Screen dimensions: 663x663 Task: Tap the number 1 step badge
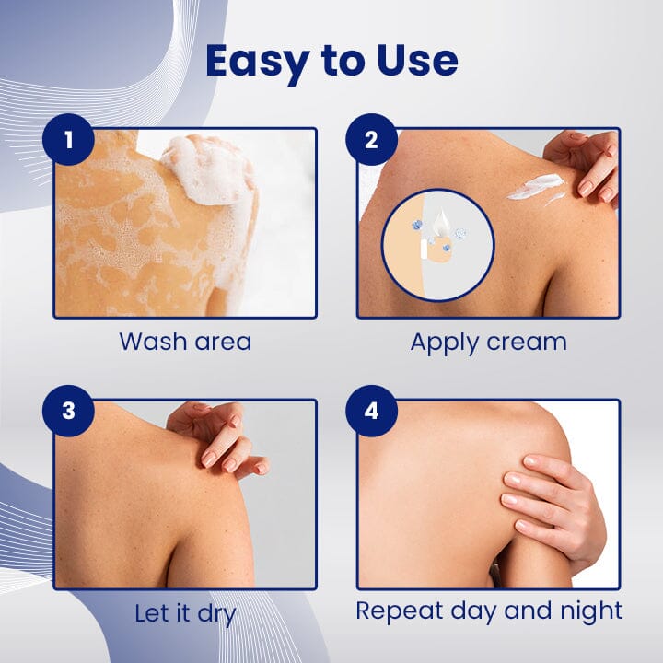(x=68, y=140)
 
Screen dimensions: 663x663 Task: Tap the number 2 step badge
(x=371, y=140)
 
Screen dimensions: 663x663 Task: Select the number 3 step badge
(x=68, y=411)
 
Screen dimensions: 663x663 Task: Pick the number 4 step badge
(x=371, y=411)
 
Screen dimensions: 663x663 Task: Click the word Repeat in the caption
(x=401, y=611)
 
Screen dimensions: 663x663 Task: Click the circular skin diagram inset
(x=438, y=245)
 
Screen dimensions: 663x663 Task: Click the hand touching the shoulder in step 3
(x=214, y=437)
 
